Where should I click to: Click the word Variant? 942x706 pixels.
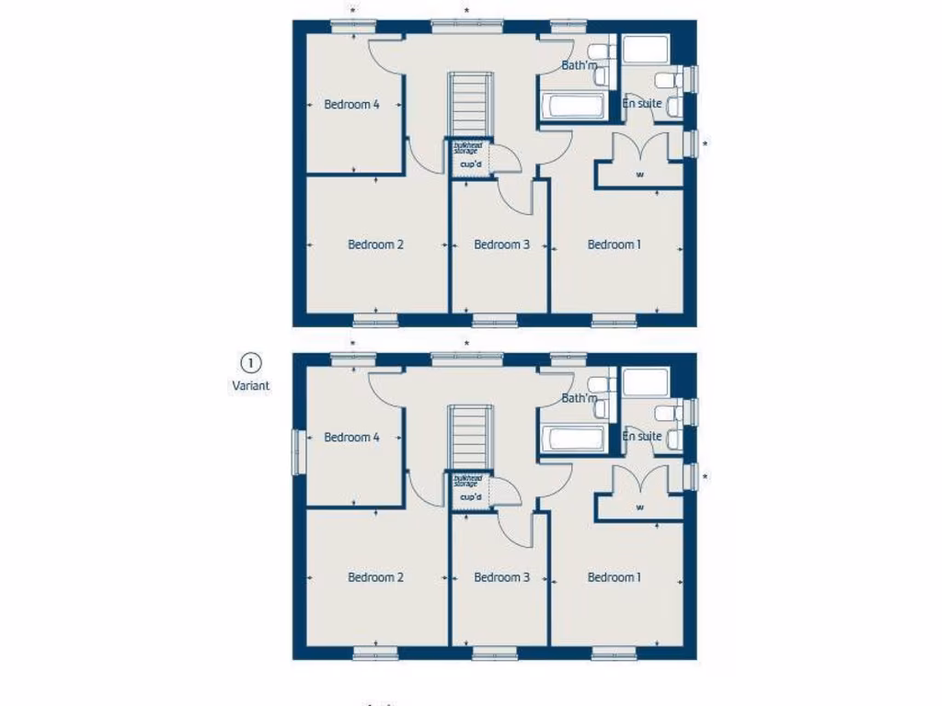pyautogui.click(x=250, y=386)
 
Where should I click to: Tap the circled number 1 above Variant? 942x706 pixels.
pyautogui.click(x=250, y=363)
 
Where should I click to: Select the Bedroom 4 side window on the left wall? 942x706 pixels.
pyautogui.click(x=297, y=452)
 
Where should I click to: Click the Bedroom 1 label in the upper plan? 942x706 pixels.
pyautogui.click(x=614, y=245)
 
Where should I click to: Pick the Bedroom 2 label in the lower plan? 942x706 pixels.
pyautogui.click(x=375, y=577)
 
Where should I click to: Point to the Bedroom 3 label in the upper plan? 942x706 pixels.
pyautogui.click(x=501, y=245)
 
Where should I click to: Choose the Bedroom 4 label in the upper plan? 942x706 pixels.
pyautogui.click(x=351, y=104)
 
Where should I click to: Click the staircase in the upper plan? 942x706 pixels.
pyautogui.click(x=466, y=104)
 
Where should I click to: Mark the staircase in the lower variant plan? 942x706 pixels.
pyautogui.click(x=466, y=437)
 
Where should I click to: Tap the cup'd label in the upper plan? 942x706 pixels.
pyautogui.click(x=470, y=165)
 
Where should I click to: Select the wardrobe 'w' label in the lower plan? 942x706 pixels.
pyautogui.click(x=639, y=507)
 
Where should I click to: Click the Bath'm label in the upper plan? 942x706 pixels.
pyautogui.click(x=579, y=65)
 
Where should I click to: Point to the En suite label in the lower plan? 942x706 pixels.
pyautogui.click(x=641, y=436)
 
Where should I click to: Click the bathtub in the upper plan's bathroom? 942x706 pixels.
pyautogui.click(x=572, y=106)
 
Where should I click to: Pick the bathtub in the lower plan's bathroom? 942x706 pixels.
pyautogui.click(x=572, y=438)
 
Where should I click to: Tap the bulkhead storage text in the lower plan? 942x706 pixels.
pyautogui.click(x=467, y=481)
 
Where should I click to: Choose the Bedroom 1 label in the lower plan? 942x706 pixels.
pyautogui.click(x=614, y=577)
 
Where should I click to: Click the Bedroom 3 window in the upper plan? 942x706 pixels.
pyautogui.click(x=495, y=321)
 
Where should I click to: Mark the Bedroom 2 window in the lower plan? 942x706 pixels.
pyautogui.click(x=375, y=654)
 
